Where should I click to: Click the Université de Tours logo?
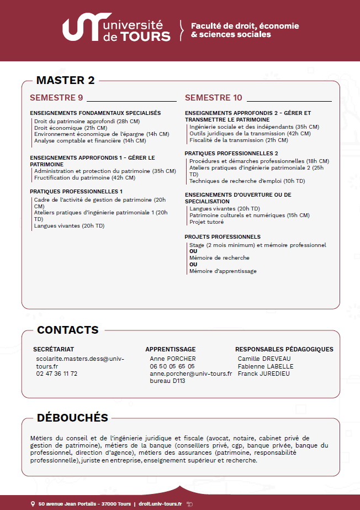tap(117, 30)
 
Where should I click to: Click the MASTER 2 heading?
tap(65, 80)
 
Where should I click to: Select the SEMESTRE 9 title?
tap(56, 98)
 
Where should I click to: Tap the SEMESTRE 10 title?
tap(213, 98)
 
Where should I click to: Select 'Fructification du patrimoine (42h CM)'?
tap(84, 177)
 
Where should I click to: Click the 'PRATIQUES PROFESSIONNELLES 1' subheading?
tap(76, 191)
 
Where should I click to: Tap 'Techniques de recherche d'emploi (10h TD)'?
tap(247, 181)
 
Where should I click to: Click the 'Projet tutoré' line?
tap(207, 222)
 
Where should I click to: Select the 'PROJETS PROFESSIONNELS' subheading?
tap(223, 236)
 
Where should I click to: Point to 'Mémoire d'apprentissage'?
tap(223, 271)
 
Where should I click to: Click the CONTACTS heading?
tap(67, 330)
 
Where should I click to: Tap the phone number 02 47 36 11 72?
tap(57, 374)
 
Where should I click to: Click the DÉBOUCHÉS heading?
tap(72, 417)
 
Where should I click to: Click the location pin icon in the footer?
tap(33, 504)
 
